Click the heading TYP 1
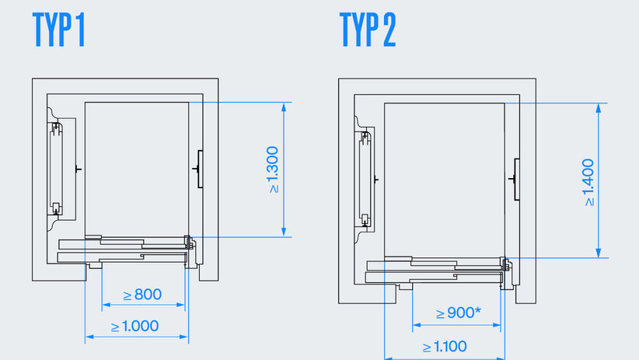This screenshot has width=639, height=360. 58,31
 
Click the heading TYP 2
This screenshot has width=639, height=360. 368,31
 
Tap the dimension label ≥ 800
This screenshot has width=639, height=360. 143,295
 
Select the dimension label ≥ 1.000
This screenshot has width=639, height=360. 136,326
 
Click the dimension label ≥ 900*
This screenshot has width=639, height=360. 458,313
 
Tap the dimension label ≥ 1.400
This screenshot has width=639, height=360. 588,182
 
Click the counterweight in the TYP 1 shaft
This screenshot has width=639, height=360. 55,167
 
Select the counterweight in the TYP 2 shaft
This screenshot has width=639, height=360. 363,179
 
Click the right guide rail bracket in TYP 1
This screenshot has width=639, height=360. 198,168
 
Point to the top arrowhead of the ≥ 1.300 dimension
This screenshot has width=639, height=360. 284,107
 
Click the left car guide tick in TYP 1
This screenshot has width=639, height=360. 76,168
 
